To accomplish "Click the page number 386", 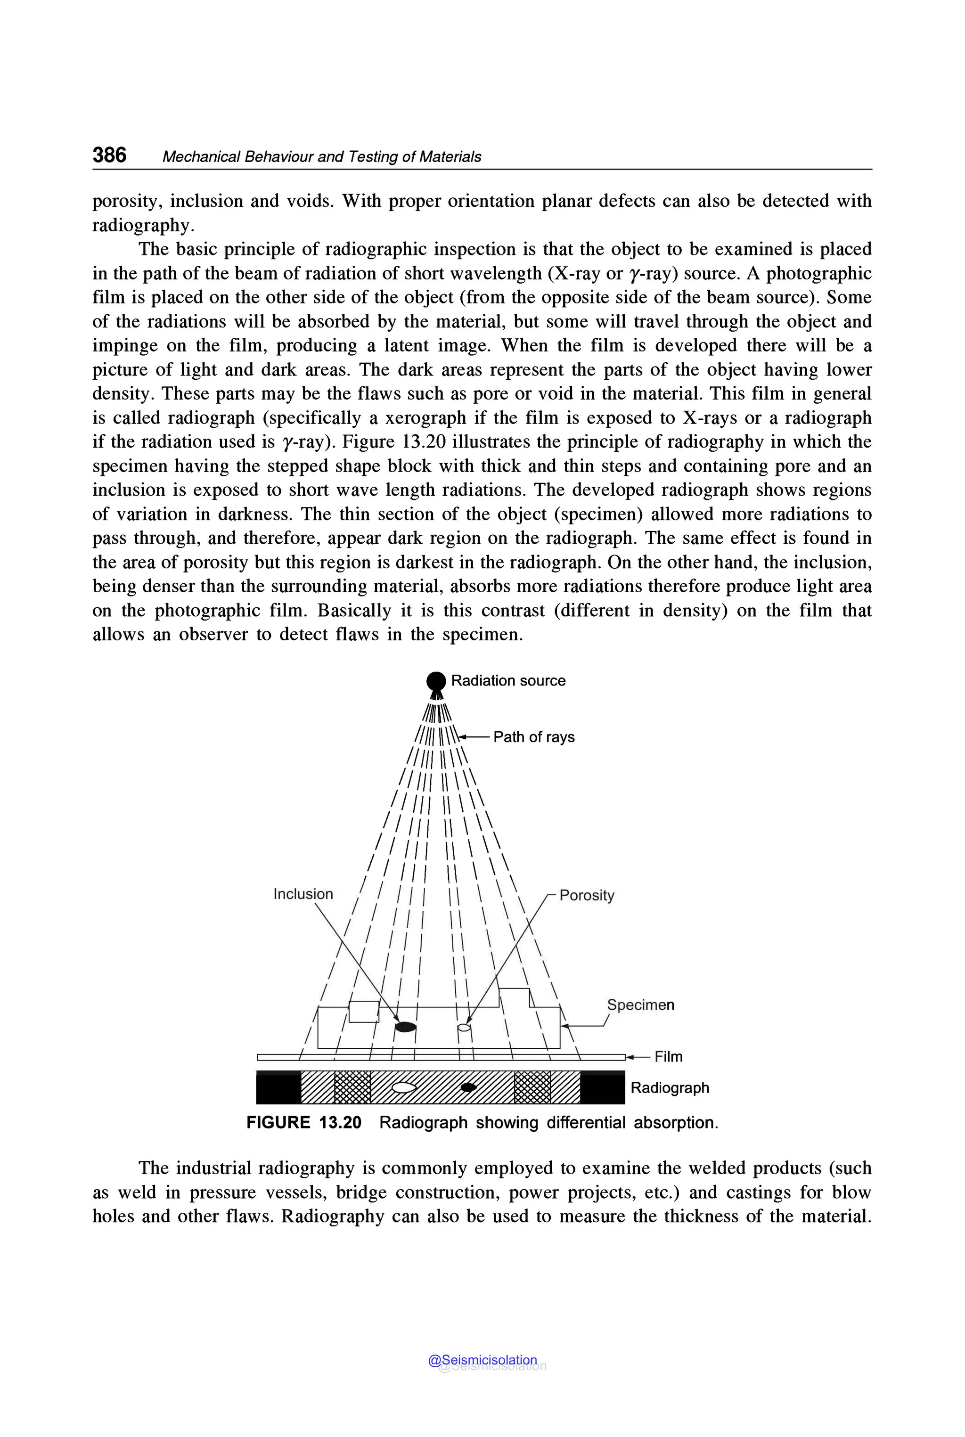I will pyautogui.click(x=109, y=155).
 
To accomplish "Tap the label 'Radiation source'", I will pyautogui.click(x=508, y=681).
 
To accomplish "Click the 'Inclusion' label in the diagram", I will pyautogui.click(x=303, y=894).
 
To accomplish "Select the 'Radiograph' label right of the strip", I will pyautogui.click(x=670, y=1087).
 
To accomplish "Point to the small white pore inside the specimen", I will pyautogui.click(x=465, y=1027).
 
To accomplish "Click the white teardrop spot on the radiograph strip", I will pyautogui.click(x=404, y=1087).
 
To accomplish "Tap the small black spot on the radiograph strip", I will pyautogui.click(x=468, y=1087).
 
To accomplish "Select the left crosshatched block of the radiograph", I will pyautogui.click(x=352, y=1087).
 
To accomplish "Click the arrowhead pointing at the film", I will pyautogui.click(x=630, y=1057).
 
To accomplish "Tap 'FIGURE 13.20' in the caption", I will pyautogui.click(x=303, y=1123).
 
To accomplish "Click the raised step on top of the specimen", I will pyautogui.click(x=514, y=997).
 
